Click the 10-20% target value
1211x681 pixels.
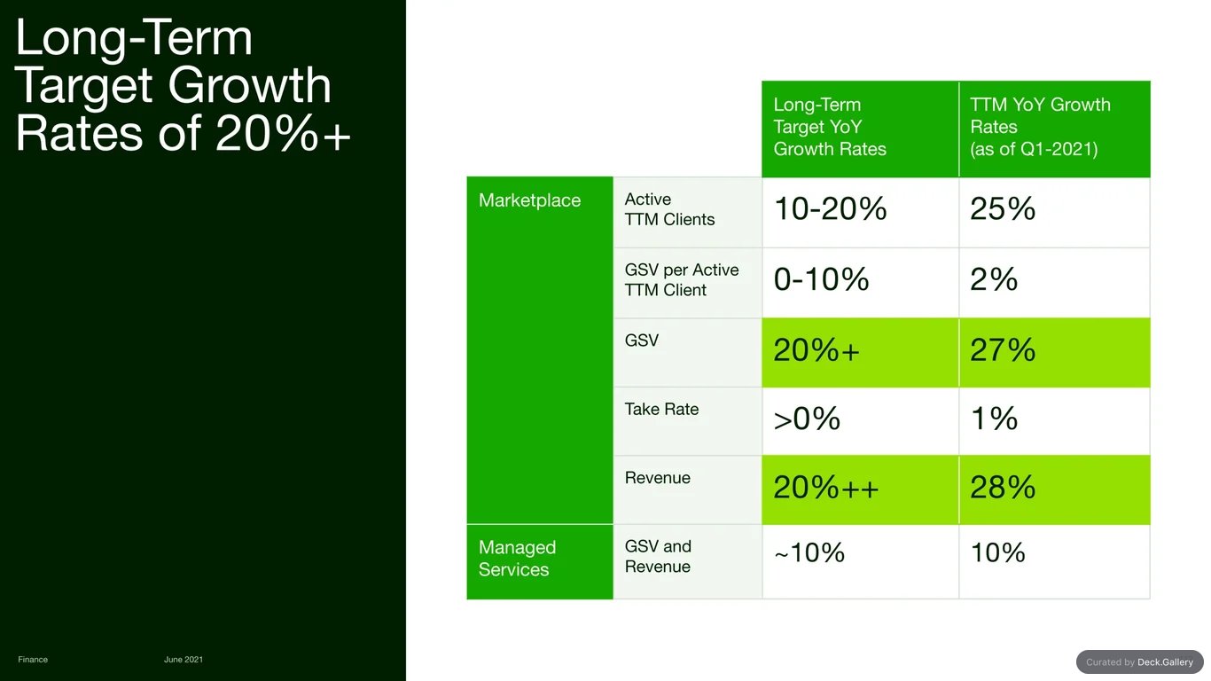830,208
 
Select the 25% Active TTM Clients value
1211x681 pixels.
1003,208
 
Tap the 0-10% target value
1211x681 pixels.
821,279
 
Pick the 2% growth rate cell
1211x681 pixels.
994,279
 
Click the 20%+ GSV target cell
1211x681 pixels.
816,350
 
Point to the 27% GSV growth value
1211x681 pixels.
1003,350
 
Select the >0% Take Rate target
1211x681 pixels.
807,419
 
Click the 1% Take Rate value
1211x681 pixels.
994,419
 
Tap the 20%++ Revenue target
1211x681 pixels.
825,488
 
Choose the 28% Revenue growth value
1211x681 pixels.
1003,488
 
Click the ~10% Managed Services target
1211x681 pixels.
809,552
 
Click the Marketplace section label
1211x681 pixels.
529,200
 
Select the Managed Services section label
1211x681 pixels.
517,559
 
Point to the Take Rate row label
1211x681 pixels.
661,409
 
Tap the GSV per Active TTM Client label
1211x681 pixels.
681,279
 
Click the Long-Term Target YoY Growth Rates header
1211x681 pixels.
829,127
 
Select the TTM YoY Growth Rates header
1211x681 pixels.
1040,127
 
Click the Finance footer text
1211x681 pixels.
33,660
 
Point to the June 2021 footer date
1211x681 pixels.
184,660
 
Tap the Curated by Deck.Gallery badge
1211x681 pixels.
1139,662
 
